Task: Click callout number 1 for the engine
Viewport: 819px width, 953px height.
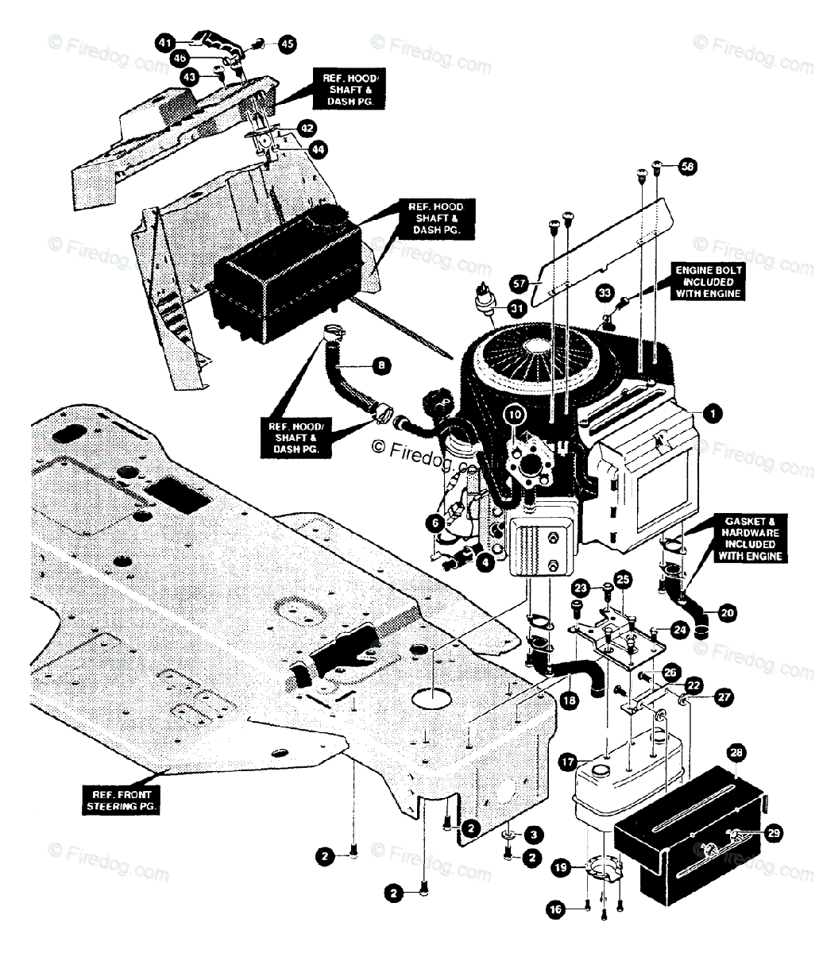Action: pyautogui.click(x=713, y=413)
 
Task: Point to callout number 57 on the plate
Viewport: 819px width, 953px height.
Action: pyautogui.click(x=520, y=282)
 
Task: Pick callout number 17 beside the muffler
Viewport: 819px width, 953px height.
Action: pyautogui.click(x=567, y=761)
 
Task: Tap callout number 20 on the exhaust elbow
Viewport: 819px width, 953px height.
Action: pyautogui.click(x=728, y=612)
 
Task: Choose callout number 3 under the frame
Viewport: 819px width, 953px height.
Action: pyautogui.click(x=533, y=834)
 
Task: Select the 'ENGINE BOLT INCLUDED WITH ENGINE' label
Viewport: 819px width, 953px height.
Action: pyautogui.click(x=708, y=282)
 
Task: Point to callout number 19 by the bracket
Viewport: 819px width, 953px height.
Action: pyautogui.click(x=562, y=869)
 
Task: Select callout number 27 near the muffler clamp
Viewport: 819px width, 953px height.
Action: pyautogui.click(x=724, y=696)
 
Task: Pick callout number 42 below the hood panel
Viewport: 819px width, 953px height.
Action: pyautogui.click(x=307, y=128)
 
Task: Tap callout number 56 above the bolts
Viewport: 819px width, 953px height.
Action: pyautogui.click(x=686, y=167)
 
